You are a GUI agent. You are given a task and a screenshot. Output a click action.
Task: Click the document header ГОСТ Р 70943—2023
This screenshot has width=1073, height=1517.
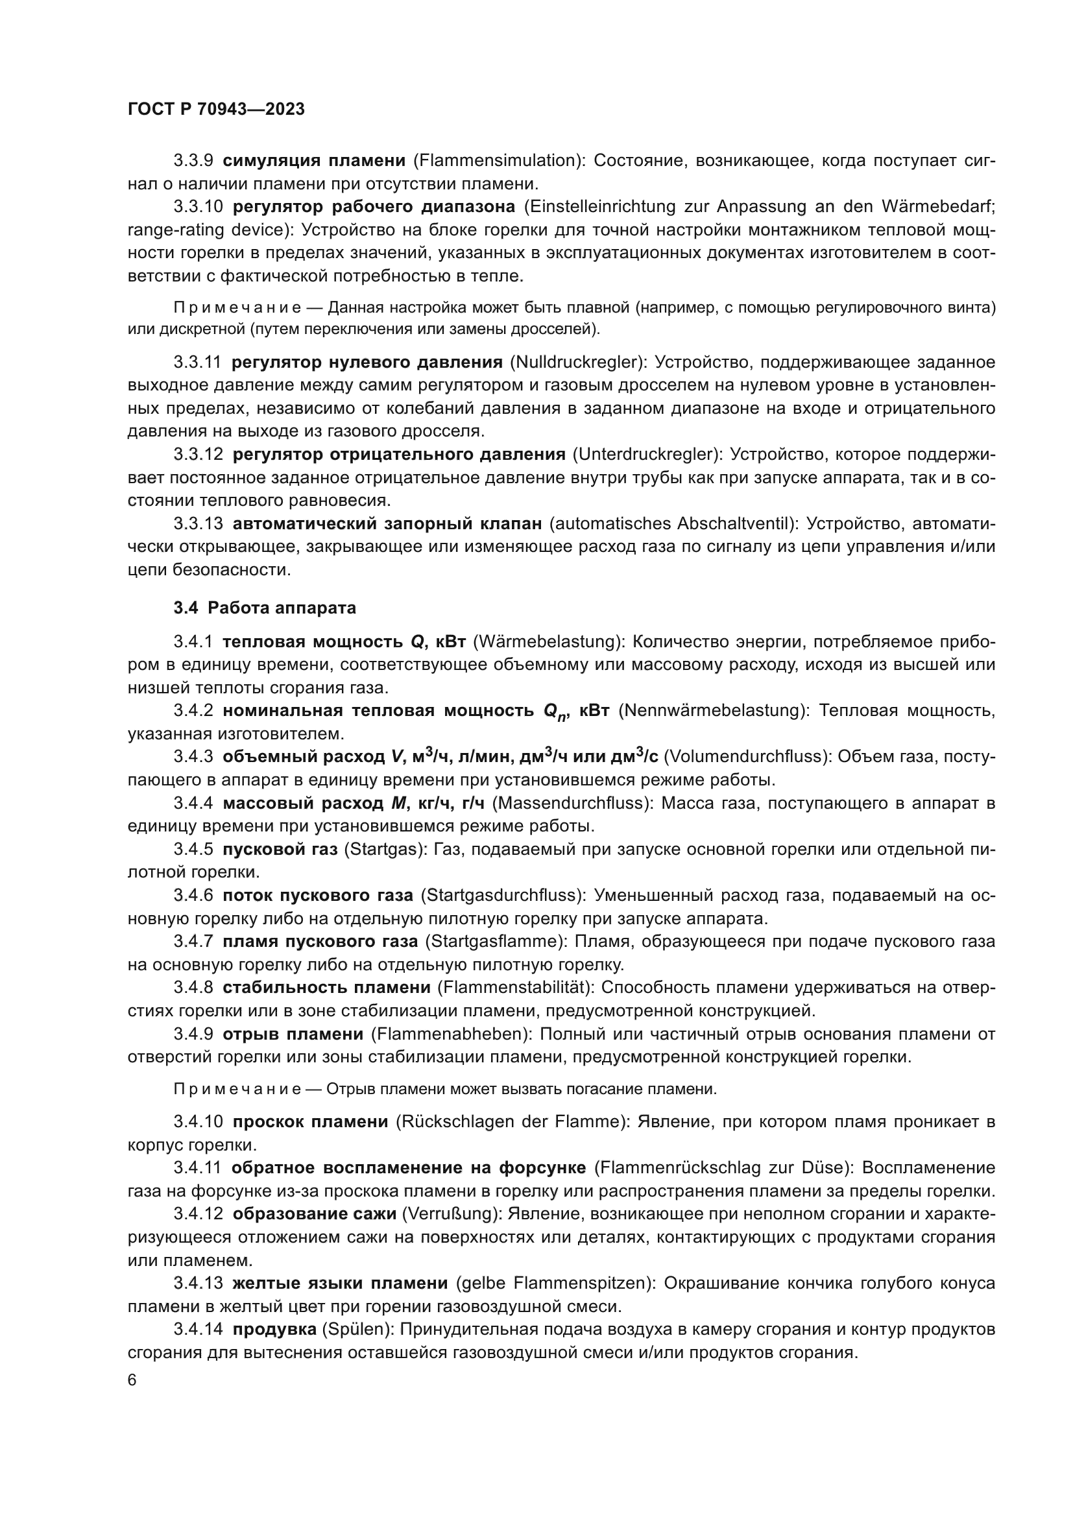pos(216,110)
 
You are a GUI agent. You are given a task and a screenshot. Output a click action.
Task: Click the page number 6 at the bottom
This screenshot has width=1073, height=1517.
pos(132,1380)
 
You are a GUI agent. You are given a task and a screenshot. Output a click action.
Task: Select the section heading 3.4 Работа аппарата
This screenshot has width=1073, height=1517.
pos(265,608)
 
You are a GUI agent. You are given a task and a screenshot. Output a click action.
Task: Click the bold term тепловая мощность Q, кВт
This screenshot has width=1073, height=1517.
pos(344,641)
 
